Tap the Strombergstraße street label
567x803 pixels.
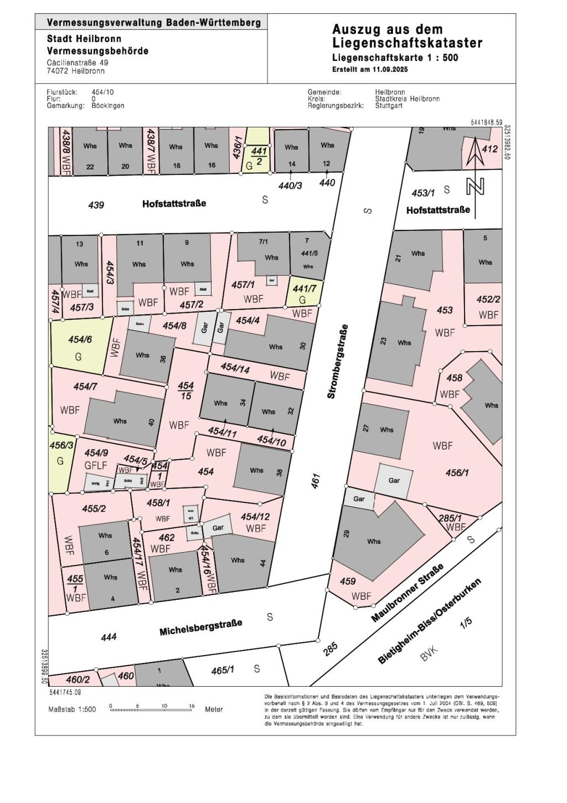(338, 362)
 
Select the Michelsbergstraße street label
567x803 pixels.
(200, 627)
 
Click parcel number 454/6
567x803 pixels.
(80, 339)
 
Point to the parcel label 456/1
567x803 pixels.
(457, 472)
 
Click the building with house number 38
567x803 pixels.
(263, 471)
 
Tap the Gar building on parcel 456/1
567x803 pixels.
(394, 480)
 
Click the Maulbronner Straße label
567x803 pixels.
(408, 593)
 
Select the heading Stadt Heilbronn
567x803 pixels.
(84, 39)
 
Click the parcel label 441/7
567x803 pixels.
(304, 289)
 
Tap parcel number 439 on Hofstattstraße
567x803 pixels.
(96, 205)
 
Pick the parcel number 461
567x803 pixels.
(316, 481)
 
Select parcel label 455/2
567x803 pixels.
(94, 508)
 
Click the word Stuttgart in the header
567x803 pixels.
(389, 105)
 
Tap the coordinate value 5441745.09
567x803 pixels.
(65, 692)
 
